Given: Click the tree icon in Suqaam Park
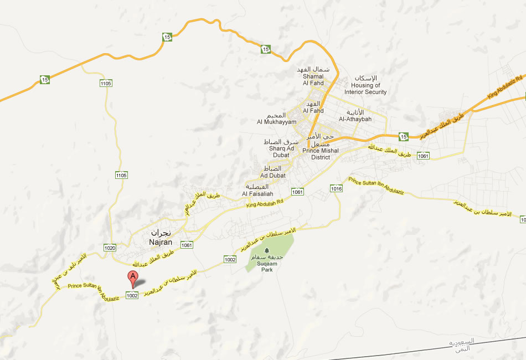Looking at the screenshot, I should pos(267,250).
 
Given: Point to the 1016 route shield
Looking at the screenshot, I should pos(336,189).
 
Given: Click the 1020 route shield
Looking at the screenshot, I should pos(110,248).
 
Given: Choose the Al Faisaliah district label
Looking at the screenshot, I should pos(256,190).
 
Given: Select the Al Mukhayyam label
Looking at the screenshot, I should pos(276,119).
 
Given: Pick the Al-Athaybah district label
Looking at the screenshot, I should pos(355,115).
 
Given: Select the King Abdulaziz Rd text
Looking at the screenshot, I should pos(504,88).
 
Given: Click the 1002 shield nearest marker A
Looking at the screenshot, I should pos(132,296).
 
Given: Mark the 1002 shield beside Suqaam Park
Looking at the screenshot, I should pos(230,259).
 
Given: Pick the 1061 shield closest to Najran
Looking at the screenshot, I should pos(186,245).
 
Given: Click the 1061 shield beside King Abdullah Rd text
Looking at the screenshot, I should pos(298,192).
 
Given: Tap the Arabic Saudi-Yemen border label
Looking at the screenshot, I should pos(460,345).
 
